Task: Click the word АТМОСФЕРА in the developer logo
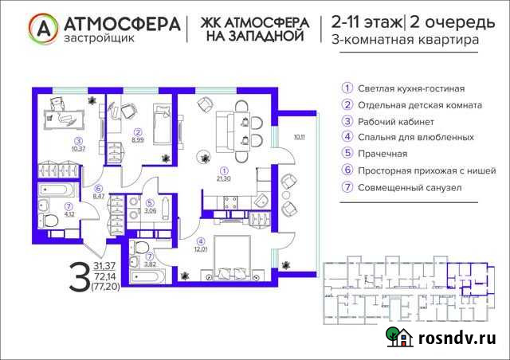coord(120,22)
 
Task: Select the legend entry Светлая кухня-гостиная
coord(411,88)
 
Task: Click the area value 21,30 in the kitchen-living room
coord(224,178)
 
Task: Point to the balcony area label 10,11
coord(299,137)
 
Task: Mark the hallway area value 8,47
coord(99,195)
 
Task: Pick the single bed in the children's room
coord(163,123)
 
